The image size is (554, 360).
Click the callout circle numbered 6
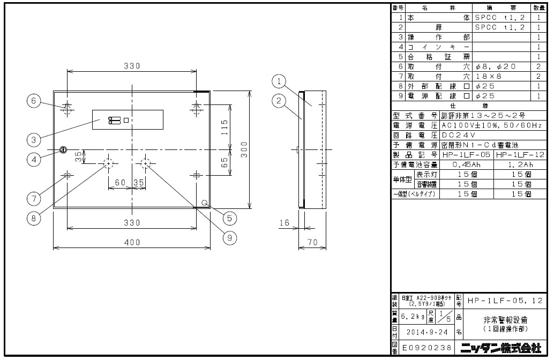coord(33,101)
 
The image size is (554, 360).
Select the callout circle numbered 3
coord(33,139)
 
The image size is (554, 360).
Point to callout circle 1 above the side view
coord(278,82)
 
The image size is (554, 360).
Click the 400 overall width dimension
coord(132,243)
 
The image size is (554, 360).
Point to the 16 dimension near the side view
coord(284,222)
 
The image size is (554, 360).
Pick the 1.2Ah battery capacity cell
coord(519,164)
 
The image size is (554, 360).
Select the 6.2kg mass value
coord(411,316)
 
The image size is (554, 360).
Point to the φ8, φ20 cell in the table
coord(495,66)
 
